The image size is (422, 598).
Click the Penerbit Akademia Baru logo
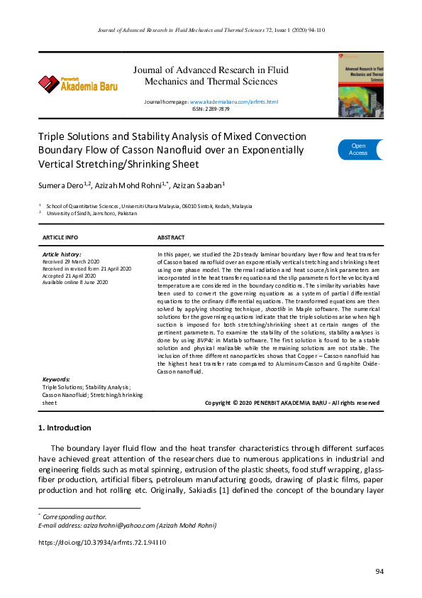(x=78, y=85)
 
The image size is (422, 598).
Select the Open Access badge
(x=359, y=149)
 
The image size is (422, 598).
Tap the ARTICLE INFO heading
(x=60, y=237)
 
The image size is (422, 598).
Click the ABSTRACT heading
(x=171, y=237)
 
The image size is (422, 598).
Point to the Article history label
(x=62, y=254)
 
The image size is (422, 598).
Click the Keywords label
(x=56, y=379)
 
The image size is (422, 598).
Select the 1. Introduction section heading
(x=64, y=428)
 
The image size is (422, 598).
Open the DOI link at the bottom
(x=101, y=542)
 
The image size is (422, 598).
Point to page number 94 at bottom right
(x=379, y=572)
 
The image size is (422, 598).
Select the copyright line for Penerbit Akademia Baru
(x=291, y=403)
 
